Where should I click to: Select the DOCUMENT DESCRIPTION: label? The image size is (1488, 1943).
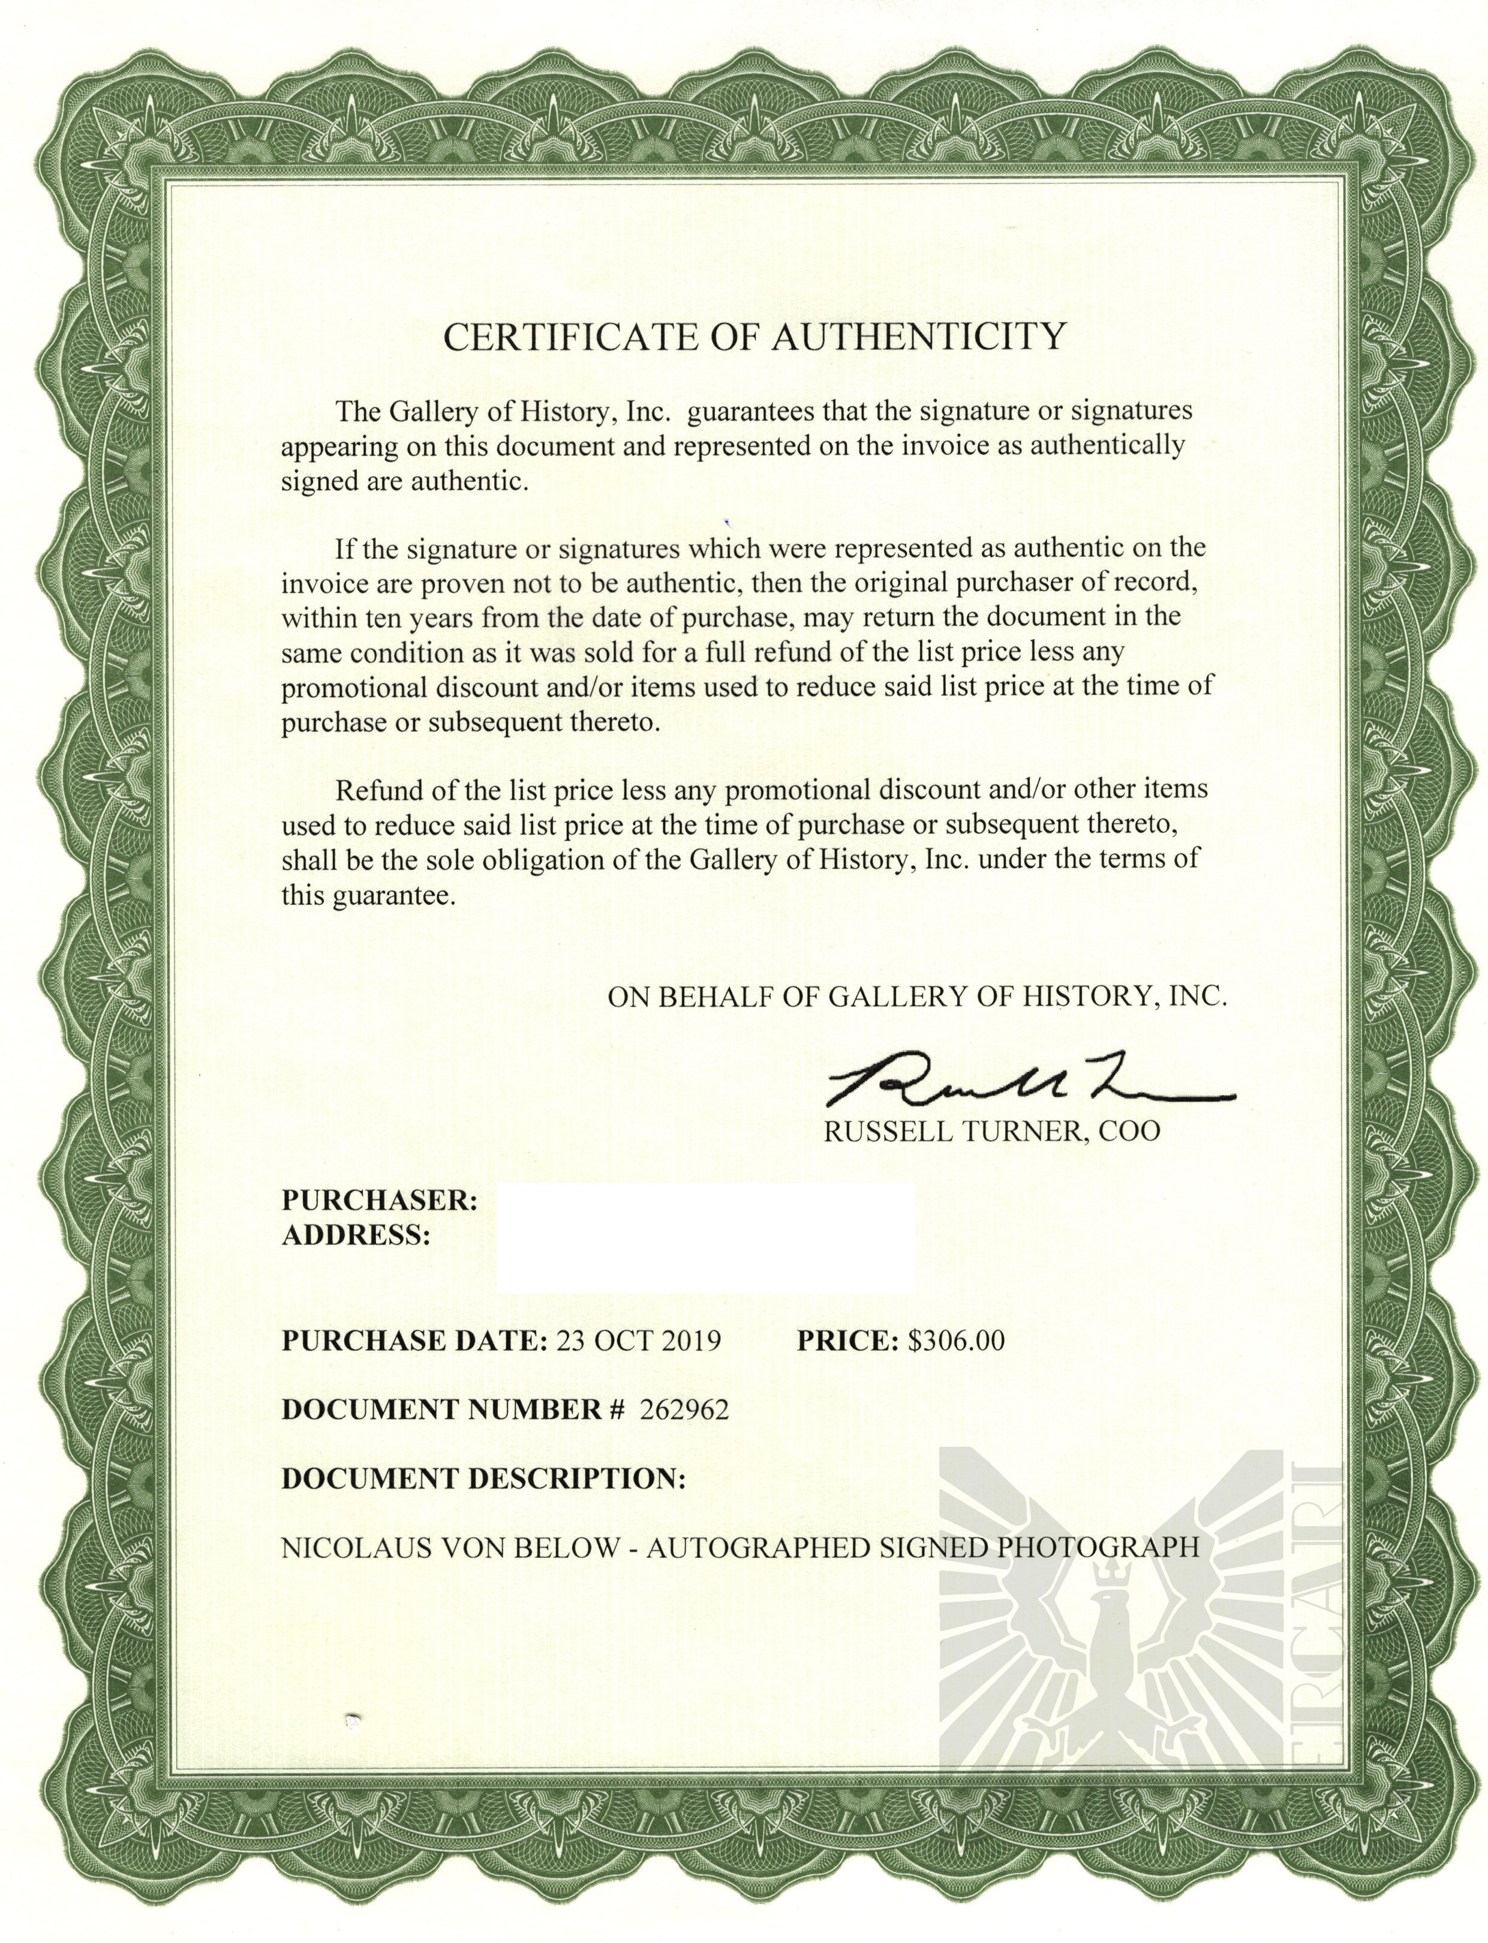pos(483,1479)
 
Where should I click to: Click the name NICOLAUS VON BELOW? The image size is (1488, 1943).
pos(450,1548)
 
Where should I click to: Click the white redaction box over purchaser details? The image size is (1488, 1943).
pos(705,1237)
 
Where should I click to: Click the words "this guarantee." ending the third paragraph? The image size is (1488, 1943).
pos(368,896)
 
